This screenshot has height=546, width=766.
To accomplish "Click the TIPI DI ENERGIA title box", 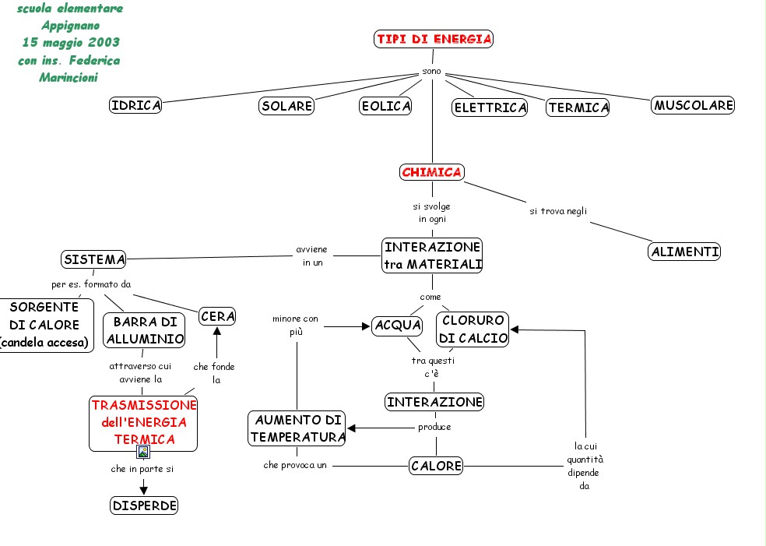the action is point(434,39).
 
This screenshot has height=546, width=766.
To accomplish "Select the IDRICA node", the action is point(135,105).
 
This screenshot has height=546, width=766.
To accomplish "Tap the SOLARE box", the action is point(286,106).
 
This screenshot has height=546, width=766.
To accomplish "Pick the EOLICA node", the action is point(385,106).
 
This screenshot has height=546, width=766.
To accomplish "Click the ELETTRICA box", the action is point(490,107).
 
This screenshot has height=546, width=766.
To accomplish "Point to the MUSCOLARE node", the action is point(693,105).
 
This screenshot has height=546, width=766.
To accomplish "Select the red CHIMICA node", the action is point(432,172).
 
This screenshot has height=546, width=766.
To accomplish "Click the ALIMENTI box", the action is point(684,252).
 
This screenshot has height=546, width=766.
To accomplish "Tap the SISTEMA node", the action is point(93,259).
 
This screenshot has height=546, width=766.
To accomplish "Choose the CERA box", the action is point(217,317).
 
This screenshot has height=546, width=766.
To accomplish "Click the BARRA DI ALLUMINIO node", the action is point(144,330).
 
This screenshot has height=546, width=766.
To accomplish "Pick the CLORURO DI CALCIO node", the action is point(473,329).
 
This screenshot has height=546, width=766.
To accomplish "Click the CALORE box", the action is point(436,466).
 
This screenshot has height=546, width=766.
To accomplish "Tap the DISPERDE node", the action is point(144,505).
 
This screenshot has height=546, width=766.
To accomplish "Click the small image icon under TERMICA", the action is point(143,453).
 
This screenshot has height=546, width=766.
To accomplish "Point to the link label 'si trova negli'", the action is point(558,211).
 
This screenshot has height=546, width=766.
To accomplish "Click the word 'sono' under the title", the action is point(432,72).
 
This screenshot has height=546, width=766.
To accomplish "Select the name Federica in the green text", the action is point(94,60).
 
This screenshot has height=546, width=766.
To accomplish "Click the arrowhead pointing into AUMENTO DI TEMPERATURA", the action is point(351,428).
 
